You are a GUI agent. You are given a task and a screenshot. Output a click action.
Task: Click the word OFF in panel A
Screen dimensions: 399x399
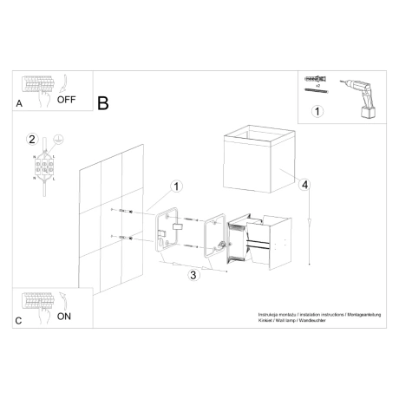(67, 100)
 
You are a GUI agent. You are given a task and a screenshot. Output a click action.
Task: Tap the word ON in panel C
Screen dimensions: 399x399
(63, 317)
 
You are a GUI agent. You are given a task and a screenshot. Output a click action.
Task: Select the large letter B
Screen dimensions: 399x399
(103, 103)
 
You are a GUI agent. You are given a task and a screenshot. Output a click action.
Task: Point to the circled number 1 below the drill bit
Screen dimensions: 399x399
(317, 111)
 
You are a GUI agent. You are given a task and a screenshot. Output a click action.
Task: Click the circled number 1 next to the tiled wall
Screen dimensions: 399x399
(175, 186)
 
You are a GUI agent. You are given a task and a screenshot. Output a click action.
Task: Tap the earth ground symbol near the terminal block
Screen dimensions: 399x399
(57, 139)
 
